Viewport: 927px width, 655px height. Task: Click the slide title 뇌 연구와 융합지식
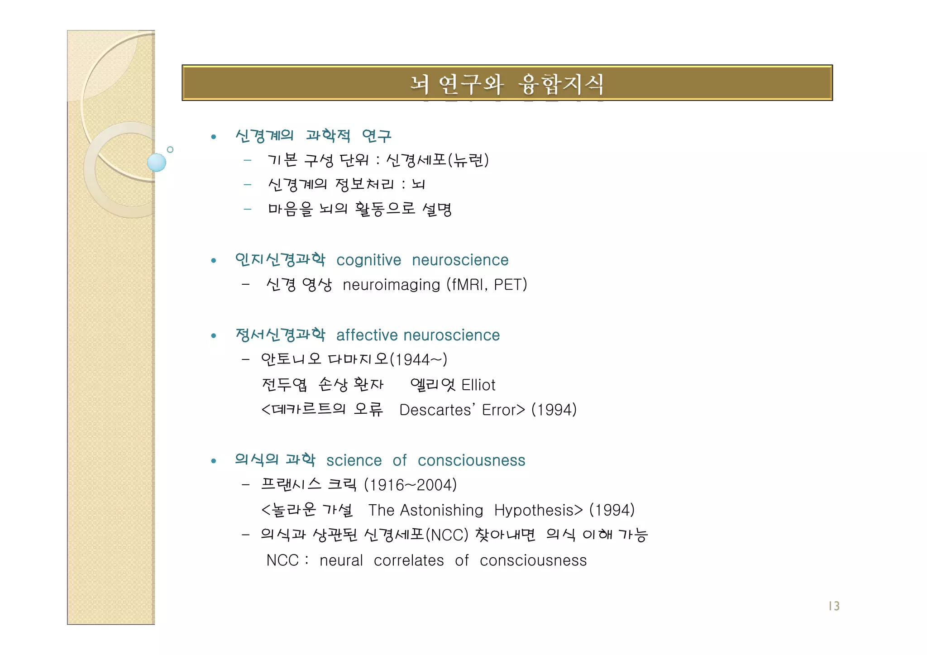point(507,84)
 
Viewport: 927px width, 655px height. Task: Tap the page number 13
point(834,606)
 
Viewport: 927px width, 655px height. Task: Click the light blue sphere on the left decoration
point(157,163)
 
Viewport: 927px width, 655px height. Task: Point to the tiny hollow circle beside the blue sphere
point(170,149)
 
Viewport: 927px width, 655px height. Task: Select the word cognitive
point(368,260)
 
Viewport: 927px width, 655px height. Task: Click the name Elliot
point(478,385)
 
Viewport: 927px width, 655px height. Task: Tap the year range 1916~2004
point(411,485)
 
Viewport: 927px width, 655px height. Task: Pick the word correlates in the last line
point(409,560)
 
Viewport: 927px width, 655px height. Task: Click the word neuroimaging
point(391,285)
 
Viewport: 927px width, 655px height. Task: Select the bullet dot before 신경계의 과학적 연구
point(214,137)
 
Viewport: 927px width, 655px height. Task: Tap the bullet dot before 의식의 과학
point(214,461)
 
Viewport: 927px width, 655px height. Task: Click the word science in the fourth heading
point(354,460)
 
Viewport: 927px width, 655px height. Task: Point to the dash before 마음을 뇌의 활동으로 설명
point(247,209)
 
